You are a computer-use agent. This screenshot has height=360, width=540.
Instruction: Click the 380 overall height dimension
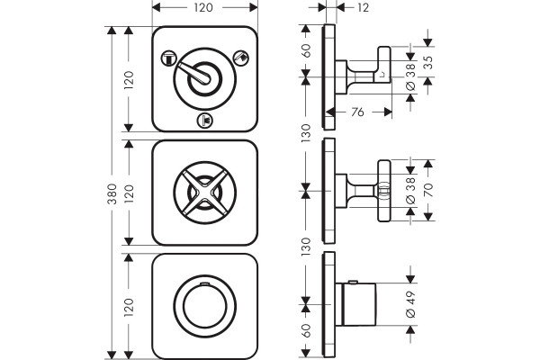coord(112,193)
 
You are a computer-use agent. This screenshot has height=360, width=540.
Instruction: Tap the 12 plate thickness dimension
coord(363,7)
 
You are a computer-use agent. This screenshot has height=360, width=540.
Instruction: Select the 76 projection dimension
coord(358,112)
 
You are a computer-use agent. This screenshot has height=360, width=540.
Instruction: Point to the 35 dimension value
coord(428,62)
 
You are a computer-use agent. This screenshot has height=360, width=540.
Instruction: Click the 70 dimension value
coord(428,190)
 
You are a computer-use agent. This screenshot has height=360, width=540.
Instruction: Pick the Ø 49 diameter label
coord(411,304)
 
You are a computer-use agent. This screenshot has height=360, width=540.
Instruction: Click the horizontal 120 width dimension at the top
coord(203,7)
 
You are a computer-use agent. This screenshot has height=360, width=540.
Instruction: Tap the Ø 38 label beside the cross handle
coord(411,191)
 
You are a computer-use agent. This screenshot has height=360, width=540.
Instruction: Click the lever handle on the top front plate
coord(195,74)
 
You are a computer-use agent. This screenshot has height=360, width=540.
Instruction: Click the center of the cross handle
coord(205,193)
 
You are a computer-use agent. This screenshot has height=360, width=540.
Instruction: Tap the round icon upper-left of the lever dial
coord(169,58)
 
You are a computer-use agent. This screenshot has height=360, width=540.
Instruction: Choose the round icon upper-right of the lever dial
coord(241,58)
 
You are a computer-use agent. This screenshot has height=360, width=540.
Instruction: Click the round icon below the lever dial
coord(205,121)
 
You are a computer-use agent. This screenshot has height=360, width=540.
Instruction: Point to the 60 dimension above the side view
coord(306,50)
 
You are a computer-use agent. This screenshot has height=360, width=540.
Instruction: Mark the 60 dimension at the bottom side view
coord(306,330)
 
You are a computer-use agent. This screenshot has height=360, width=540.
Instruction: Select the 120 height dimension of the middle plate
coord(129,193)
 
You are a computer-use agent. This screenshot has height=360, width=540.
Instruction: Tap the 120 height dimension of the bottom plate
coord(129,307)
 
